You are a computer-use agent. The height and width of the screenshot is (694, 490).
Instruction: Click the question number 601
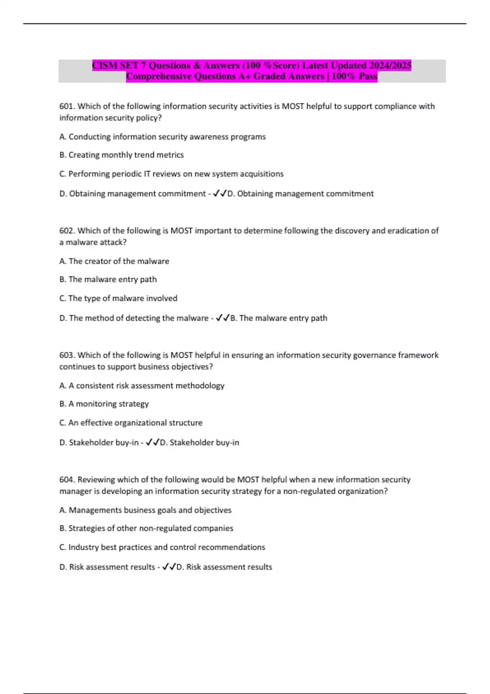(x=67, y=106)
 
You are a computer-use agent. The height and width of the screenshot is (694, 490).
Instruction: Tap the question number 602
(x=67, y=231)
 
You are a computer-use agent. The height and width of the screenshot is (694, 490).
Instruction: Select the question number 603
(x=67, y=355)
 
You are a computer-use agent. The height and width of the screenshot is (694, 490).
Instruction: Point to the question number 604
(x=67, y=480)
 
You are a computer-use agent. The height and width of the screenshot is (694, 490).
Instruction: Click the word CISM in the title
(x=104, y=65)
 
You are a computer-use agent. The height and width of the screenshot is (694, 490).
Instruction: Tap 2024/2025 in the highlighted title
(x=390, y=65)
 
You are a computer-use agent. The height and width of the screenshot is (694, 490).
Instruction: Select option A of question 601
(x=163, y=137)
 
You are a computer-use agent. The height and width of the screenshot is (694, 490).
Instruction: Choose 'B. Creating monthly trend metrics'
(x=122, y=155)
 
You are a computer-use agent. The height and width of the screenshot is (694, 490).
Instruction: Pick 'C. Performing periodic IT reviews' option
(x=171, y=174)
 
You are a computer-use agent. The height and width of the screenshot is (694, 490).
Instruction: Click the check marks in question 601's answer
(x=220, y=194)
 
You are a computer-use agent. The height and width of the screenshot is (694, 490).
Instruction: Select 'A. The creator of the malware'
(x=114, y=261)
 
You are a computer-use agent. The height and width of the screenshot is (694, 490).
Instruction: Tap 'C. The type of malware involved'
(x=118, y=298)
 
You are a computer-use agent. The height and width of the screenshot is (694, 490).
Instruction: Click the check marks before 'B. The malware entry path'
(x=223, y=318)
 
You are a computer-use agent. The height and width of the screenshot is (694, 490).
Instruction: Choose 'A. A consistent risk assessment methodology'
(x=142, y=386)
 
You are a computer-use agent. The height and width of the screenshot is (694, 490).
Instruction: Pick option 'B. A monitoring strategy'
(x=104, y=404)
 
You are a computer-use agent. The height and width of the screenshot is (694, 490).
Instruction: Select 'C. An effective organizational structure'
(x=131, y=423)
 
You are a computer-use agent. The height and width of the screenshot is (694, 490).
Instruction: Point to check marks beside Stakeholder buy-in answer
(x=152, y=443)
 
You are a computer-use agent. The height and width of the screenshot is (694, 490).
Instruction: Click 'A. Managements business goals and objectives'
(x=145, y=510)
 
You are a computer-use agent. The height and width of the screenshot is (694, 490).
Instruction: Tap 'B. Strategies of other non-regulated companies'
(x=146, y=528)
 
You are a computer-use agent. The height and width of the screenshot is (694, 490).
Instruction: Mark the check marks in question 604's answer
(x=169, y=567)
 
